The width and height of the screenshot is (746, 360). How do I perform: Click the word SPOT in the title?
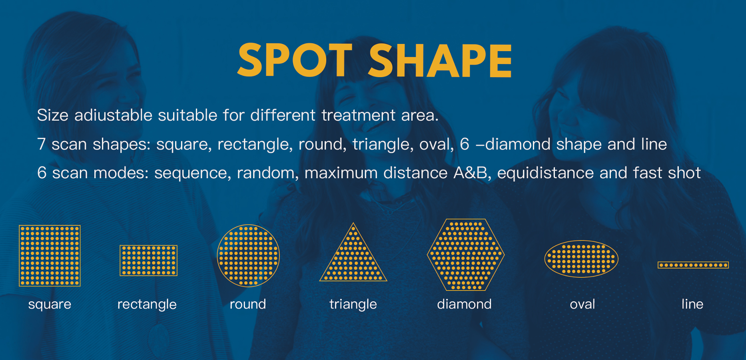pyautogui.click(x=295, y=60)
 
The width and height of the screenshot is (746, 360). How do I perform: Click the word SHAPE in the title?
pyautogui.click(x=440, y=60)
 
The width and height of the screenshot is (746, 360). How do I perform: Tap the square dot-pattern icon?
pyautogui.click(x=50, y=256)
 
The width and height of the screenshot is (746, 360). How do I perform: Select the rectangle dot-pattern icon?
pyautogui.click(x=148, y=261)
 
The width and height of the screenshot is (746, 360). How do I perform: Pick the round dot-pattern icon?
pyautogui.click(x=248, y=256)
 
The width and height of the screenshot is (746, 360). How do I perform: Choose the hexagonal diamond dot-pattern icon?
pyautogui.click(x=466, y=255)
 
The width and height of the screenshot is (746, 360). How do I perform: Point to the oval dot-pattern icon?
pyautogui.click(x=581, y=259)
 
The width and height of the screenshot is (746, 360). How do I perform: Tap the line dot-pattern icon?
pyautogui.click(x=693, y=265)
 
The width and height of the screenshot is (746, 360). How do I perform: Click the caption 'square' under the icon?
pyautogui.click(x=50, y=304)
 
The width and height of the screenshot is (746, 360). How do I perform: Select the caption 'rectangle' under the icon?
pyautogui.click(x=147, y=304)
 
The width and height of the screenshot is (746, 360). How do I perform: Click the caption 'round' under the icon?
pyautogui.click(x=248, y=304)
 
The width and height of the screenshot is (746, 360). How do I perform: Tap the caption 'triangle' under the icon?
pyautogui.click(x=353, y=304)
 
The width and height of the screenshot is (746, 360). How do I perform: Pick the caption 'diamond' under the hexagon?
pyautogui.click(x=464, y=304)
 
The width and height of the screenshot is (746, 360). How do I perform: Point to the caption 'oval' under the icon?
pyautogui.click(x=582, y=304)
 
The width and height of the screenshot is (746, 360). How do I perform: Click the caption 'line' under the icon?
pyautogui.click(x=692, y=304)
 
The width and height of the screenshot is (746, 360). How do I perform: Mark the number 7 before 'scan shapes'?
pyautogui.click(x=41, y=144)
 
